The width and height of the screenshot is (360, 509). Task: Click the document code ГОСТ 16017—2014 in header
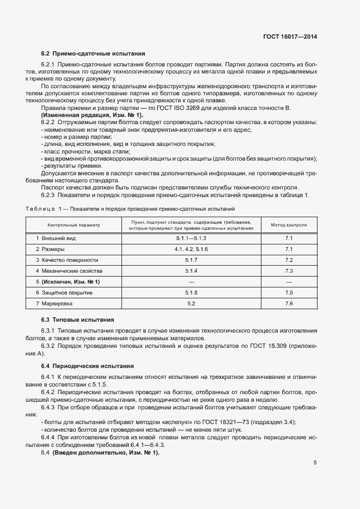pyautogui.click(x=291, y=37)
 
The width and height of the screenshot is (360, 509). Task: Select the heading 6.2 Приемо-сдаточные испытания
pyautogui.click(x=93, y=53)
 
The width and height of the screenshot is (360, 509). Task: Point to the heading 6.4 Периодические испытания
pyautogui.click(x=87, y=365)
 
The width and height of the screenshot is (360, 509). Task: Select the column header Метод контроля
pyautogui.click(x=289, y=225)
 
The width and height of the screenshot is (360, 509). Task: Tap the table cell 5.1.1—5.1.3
pyautogui.click(x=191, y=238)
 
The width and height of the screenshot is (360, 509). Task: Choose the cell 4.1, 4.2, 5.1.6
pyautogui.click(x=191, y=249)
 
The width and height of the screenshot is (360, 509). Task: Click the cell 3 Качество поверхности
pyautogui.click(x=67, y=260)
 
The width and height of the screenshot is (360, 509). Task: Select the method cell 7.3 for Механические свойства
pyautogui.click(x=289, y=271)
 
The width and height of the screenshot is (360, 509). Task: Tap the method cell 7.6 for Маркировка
pyautogui.click(x=289, y=303)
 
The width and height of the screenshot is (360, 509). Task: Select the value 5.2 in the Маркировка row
pyautogui.click(x=191, y=303)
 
